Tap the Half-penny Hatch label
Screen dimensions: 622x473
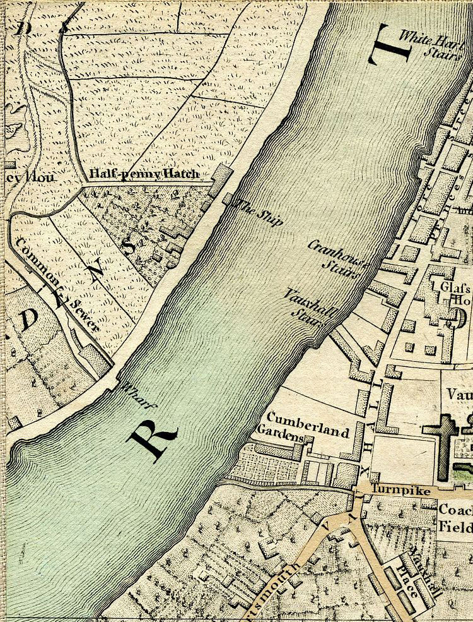tap(144, 174)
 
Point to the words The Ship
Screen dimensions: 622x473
tap(259, 212)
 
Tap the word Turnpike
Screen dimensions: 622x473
tap(401, 491)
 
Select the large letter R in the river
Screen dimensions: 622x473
tap(153, 440)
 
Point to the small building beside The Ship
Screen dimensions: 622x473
tap(228, 200)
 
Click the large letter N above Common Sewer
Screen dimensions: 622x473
tap(96, 270)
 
